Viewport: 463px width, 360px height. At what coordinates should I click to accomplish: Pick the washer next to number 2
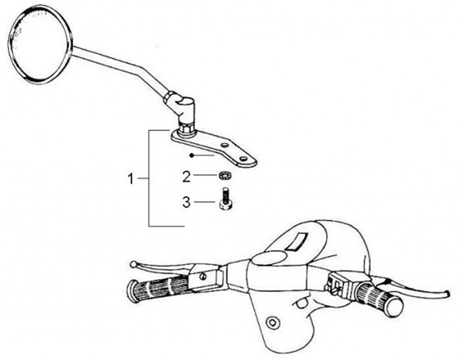224,174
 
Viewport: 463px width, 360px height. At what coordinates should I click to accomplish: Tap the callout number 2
186,175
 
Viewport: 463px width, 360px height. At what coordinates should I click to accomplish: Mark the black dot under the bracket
192,155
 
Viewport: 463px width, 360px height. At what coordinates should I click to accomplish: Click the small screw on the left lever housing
203,277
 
